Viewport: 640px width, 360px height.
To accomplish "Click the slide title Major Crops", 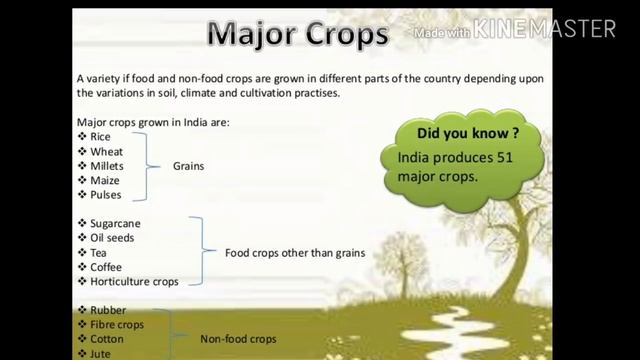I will pos(297,35).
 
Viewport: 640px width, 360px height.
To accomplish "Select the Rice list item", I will pos(100,136).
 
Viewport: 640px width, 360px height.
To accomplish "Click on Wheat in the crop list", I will pos(106,151).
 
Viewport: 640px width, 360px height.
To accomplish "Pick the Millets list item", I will pos(108,166).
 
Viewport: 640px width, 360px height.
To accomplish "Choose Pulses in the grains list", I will pos(106,195).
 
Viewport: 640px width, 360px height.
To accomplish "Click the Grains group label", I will pos(188,166).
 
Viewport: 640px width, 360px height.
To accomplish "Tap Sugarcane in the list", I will pos(113,223).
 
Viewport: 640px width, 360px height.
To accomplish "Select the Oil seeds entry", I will pos(112,238).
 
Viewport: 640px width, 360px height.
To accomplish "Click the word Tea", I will pos(98,253).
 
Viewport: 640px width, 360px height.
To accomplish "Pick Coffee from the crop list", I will pos(106,267).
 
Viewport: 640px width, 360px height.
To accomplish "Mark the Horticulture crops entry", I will pos(134,282).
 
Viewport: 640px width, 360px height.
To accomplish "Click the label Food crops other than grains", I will pos(295,253).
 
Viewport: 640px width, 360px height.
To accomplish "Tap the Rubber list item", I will pos(108,310).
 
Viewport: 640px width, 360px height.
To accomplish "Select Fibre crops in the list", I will pos(117,325).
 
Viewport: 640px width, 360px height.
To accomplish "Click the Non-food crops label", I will pos(238,339).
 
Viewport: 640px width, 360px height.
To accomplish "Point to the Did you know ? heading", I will pos(468,133).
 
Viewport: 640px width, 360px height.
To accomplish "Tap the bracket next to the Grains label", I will pos(155,166).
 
